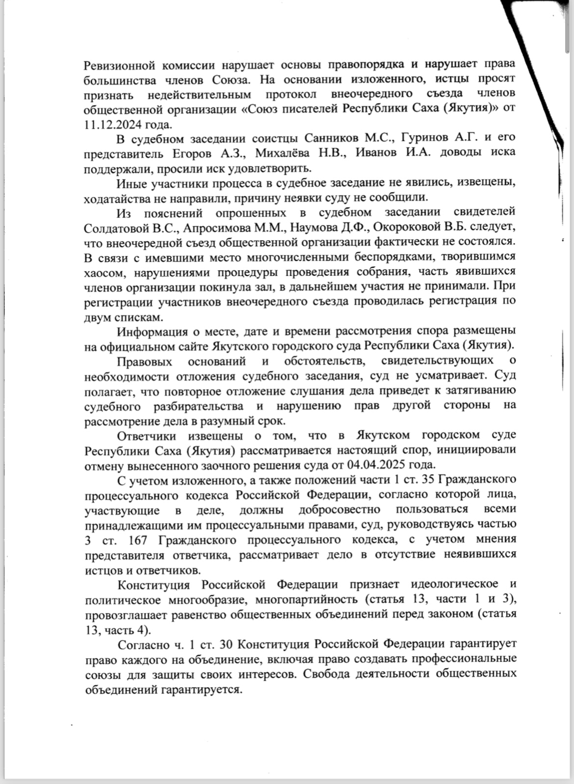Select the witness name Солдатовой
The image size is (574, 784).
pos(116,227)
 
